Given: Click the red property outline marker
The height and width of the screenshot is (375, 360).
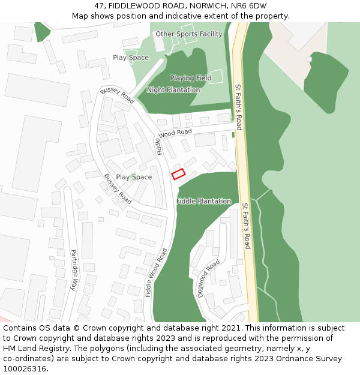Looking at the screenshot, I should (x=178, y=174).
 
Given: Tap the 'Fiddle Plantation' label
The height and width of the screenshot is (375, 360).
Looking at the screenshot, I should (x=204, y=201).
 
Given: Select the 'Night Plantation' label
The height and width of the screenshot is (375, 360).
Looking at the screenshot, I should (x=173, y=90).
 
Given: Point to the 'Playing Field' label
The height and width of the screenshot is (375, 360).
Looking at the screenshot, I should (x=190, y=78).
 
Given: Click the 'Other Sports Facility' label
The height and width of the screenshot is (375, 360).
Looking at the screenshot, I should (x=189, y=34).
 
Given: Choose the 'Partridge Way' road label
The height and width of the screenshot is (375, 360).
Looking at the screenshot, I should (x=74, y=270).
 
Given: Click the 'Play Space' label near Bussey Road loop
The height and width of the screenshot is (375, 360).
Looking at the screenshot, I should (x=134, y=177).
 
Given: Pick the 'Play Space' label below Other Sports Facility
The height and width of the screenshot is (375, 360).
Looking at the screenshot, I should (x=131, y=58).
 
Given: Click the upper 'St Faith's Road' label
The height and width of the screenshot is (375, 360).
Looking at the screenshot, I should (x=238, y=107).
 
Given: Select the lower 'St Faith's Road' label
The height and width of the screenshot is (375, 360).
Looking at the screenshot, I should (x=246, y=226).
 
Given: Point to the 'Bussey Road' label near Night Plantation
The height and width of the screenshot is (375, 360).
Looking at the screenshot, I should (x=118, y=95).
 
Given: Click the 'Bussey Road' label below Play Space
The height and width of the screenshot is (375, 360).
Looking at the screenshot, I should (x=118, y=189).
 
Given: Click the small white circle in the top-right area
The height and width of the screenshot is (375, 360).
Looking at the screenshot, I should (x=309, y=59).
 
